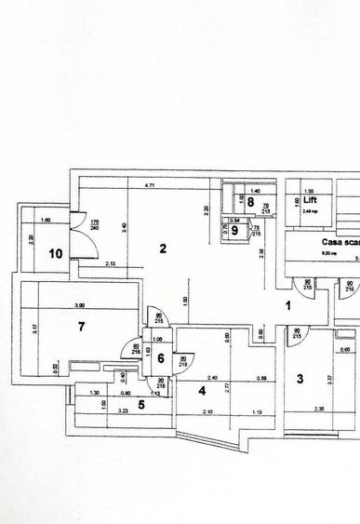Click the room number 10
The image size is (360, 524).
pyautogui.click(x=56, y=252)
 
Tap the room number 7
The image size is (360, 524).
pyautogui.click(x=82, y=325)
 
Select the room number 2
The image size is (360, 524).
pyautogui.click(x=163, y=249)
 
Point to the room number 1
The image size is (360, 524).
pyautogui.click(x=288, y=304)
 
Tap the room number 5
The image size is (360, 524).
pyautogui.click(x=140, y=404)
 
